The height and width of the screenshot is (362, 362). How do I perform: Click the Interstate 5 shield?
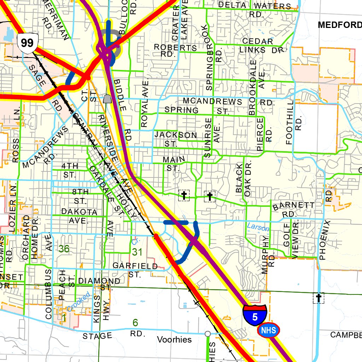coord(255,314)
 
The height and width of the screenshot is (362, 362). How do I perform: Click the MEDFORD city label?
coord(339,25)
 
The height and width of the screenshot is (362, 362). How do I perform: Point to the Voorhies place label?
coord(174,340)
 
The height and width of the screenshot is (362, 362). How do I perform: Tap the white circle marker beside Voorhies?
coord(208,333)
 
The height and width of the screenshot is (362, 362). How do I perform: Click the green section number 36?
coord(64,249)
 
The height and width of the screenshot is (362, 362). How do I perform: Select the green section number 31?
coord(138,252)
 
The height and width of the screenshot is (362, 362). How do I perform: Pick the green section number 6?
coord(135,323)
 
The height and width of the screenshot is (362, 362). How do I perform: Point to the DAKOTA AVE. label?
coord(79,216)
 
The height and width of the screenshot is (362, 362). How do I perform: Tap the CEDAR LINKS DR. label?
coord(262,46)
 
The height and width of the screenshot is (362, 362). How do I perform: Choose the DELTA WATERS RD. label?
coord(255,10)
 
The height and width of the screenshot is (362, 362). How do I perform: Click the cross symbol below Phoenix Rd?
coord(319,298)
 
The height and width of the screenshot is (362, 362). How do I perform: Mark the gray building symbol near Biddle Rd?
coord(107,99)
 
